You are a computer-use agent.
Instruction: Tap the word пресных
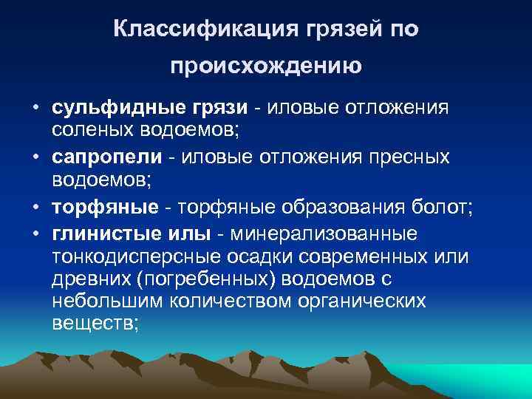point(429,159)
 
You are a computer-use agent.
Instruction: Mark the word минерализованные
point(324,233)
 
